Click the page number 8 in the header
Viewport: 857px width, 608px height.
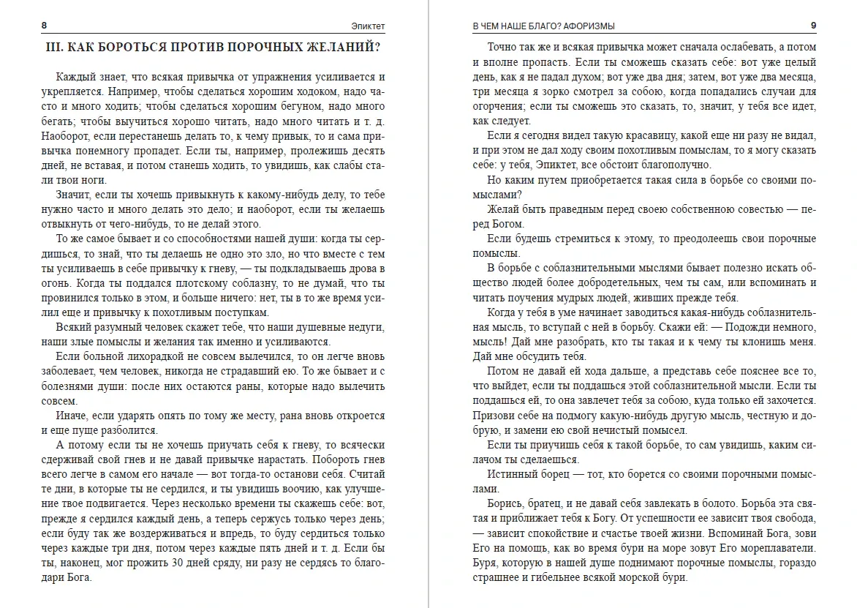tap(44, 26)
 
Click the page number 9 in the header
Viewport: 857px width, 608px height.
tap(813, 26)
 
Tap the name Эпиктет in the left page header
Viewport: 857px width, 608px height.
tap(369, 26)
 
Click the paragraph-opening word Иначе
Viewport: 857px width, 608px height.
tap(71, 415)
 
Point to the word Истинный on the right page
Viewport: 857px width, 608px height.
tap(511, 473)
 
